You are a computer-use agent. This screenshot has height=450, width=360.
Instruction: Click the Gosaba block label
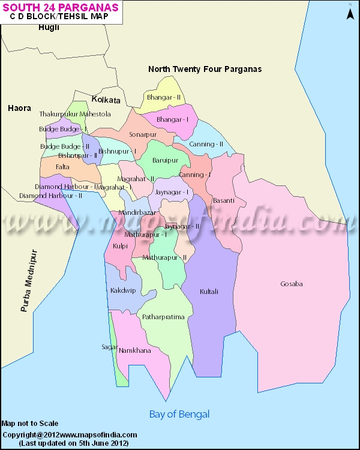click(x=292, y=284)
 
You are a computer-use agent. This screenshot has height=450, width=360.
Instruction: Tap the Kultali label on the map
click(x=209, y=292)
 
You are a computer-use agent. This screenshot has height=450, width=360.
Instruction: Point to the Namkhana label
click(x=134, y=350)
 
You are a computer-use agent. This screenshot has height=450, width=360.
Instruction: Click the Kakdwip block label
click(x=123, y=290)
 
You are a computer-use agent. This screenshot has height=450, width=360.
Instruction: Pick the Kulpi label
click(x=120, y=246)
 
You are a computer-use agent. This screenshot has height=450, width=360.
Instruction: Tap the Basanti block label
click(x=223, y=200)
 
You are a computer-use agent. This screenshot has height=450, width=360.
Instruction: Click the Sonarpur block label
click(x=142, y=134)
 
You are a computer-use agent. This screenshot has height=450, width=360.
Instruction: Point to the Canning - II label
click(x=206, y=144)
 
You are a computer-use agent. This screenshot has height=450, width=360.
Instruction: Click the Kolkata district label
click(x=106, y=100)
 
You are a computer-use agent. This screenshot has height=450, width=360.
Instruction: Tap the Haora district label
click(x=19, y=109)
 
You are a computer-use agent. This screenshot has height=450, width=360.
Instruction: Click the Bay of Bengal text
click(x=179, y=415)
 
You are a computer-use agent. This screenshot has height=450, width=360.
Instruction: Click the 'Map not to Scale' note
click(x=30, y=424)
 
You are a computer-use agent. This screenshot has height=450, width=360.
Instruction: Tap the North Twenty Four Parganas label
click(x=205, y=69)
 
